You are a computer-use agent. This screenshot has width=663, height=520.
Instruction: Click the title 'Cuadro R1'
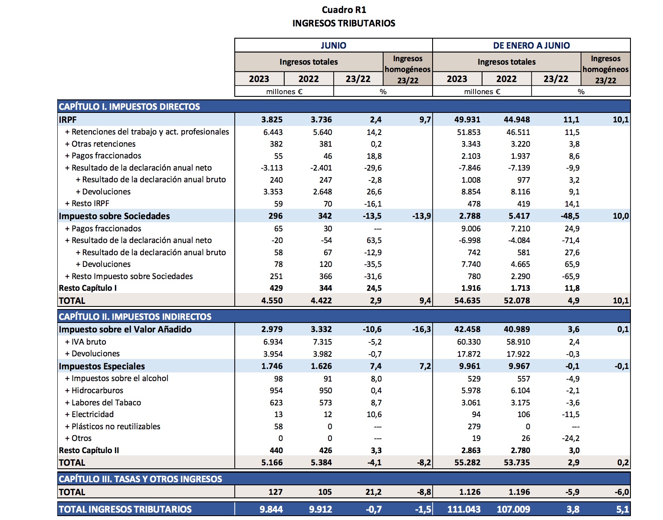[x=344, y=10]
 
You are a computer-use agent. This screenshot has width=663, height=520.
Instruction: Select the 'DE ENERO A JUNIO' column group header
[x=531, y=45]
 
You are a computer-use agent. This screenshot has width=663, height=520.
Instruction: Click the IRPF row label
[x=68, y=119]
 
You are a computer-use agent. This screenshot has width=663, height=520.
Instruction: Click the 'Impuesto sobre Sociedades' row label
[x=114, y=216]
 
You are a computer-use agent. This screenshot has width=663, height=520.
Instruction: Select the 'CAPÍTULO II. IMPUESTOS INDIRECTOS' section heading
[x=135, y=316]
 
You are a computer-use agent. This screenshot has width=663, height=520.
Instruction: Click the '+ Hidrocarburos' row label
[x=94, y=390]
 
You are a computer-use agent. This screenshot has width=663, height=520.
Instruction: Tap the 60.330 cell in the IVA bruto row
[x=468, y=342]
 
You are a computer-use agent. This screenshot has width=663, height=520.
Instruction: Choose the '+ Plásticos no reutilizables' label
[x=113, y=426]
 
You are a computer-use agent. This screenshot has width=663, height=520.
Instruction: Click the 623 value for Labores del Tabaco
[x=276, y=402]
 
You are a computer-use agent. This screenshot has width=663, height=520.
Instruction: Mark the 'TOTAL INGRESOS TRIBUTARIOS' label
[x=125, y=509]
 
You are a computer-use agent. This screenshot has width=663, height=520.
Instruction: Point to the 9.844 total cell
[x=271, y=509]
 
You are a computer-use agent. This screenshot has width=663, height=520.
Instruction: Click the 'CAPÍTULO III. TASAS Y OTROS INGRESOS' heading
[x=140, y=479]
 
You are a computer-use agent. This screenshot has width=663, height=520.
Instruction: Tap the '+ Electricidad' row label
[x=89, y=414]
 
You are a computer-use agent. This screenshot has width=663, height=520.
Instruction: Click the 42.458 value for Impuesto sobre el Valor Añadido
[x=467, y=329]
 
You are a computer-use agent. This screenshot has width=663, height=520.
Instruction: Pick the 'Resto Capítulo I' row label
[x=88, y=288]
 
